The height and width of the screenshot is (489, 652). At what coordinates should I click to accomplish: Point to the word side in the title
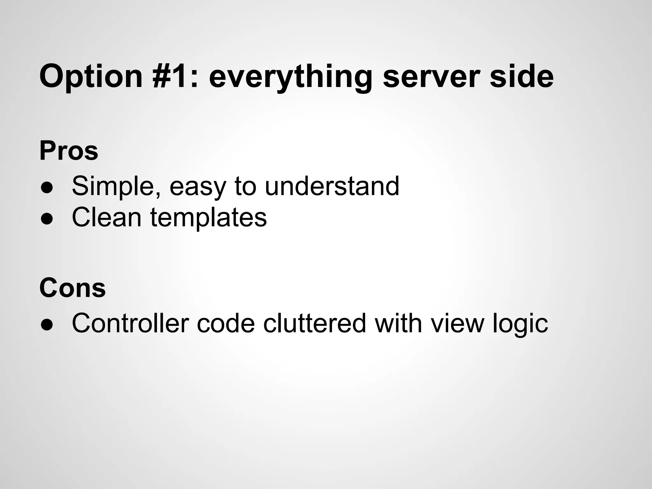tap(521, 77)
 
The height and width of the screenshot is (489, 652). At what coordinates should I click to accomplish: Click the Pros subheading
tap(69, 151)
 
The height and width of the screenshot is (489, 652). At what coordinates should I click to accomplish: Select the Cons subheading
tap(73, 288)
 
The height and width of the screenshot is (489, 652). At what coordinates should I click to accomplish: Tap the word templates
tap(209, 218)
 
